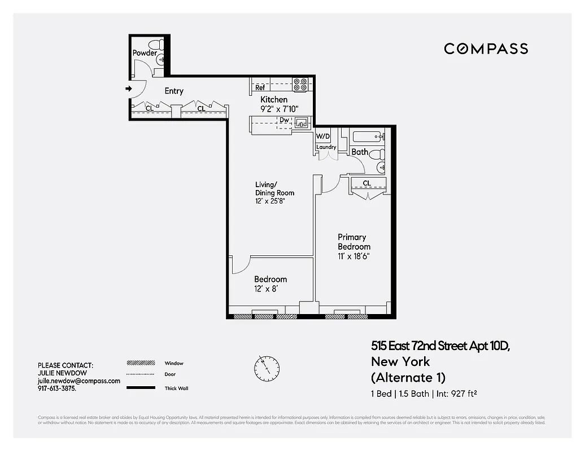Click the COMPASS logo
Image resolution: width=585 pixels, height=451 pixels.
[x=486, y=48]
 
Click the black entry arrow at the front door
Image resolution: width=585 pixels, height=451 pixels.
[x=129, y=89]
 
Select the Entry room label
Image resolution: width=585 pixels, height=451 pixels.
[x=174, y=91]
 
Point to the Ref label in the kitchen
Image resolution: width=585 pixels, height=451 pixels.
[x=260, y=88]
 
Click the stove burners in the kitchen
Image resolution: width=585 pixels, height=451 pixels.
[x=301, y=85]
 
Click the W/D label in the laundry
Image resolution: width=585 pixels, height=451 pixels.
[x=322, y=136]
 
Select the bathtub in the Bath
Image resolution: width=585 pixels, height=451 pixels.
[x=368, y=136]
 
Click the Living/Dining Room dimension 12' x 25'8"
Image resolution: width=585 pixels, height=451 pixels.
[x=274, y=201]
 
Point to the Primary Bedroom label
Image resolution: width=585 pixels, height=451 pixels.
[x=354, y=242]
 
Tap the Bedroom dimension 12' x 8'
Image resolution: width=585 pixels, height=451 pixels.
[x=267, y=289]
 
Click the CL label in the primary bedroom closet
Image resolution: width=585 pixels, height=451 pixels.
[x=367, y=183]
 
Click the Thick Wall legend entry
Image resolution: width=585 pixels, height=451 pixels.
[x=177, y=388]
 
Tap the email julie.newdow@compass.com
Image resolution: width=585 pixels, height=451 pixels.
[x=78, y=381]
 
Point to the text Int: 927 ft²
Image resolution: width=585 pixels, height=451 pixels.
[x=458, y=394]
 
